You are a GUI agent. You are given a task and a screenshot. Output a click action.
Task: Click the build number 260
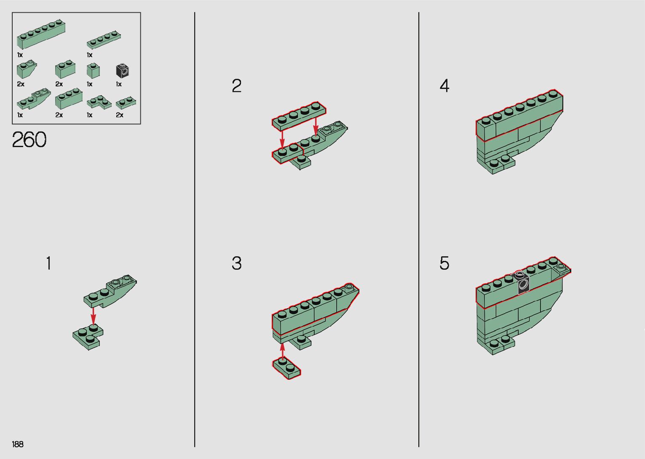pos(29,140)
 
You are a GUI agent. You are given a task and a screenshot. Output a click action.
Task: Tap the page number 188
pos(18,444)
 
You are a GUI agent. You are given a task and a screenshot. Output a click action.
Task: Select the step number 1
pos(49,263)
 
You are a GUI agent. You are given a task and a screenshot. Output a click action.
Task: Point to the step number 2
pos(237,86)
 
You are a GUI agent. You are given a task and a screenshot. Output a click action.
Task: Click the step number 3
pos(237,263)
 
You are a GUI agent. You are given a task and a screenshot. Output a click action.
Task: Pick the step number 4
pos(444,86)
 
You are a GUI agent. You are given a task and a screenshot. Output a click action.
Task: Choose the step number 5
pos(444,263)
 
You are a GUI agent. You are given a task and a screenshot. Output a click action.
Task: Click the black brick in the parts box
pos(122,70)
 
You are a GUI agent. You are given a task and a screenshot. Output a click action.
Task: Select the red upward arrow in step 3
pos(282,352)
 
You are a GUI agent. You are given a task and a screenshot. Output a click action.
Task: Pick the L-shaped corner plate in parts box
pos(99,102)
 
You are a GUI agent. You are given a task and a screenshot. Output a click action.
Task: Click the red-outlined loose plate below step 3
pos(286,368)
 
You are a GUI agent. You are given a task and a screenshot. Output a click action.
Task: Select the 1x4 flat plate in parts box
pos(104,40)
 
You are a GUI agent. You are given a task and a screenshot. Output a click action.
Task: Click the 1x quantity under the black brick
pos(119,84)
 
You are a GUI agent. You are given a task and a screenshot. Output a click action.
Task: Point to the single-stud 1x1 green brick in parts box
pos(93,70)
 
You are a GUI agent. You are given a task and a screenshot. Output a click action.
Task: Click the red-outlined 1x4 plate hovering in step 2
pos(299,115)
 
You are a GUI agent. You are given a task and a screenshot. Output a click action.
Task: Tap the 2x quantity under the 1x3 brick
pos(59,115)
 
